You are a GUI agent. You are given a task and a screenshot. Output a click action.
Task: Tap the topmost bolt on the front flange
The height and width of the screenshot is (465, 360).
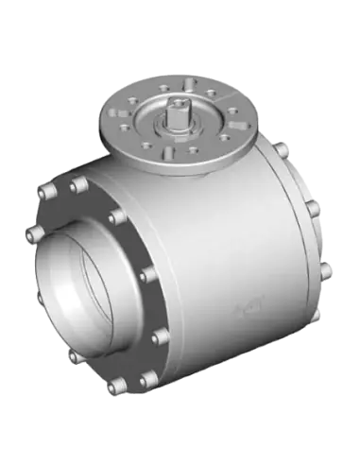[x=78, y=185]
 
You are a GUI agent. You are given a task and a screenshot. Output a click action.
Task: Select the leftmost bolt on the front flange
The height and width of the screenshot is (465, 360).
[x=33, y=232]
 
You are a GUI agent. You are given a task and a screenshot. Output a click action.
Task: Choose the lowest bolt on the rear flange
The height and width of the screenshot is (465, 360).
[x=326, y=272]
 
